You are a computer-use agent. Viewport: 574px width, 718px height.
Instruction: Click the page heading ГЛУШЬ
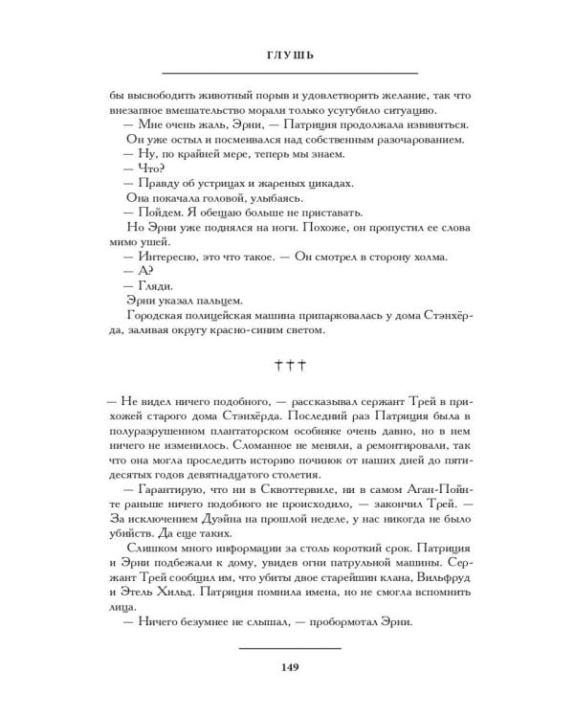[290, 56]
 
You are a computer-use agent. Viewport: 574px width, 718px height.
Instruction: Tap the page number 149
[290, 667]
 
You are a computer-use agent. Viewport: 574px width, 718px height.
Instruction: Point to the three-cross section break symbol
[289, 365]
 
